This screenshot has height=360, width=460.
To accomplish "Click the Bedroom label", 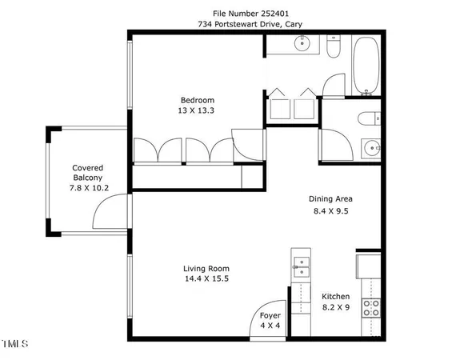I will pos(196,100).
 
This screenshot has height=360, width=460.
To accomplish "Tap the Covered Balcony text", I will pos(88,172).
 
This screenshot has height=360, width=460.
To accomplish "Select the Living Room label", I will pos(206,269).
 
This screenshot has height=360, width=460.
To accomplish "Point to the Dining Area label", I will pos(330,199).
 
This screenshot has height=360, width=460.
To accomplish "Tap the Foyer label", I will pos(270,315).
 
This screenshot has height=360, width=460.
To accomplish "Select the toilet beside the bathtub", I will pos(335,50).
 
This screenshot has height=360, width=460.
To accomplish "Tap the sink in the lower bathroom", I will pos(372,147).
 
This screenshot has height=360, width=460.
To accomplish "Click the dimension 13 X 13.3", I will pos(196,111).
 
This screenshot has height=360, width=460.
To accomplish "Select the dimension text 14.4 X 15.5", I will pos(206,279).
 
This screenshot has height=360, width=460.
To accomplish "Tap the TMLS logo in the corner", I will pos(14,345).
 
